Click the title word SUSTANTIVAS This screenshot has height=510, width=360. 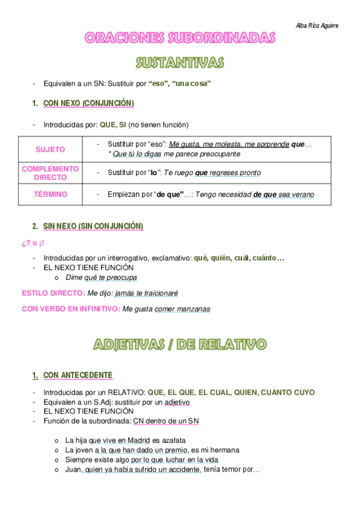pyautogui.click(x=180, y=63)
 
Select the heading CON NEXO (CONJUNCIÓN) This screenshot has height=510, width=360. pyautogui.click(x=88, y=103)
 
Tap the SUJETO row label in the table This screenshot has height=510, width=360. pyautogui.click(x=50, y=149)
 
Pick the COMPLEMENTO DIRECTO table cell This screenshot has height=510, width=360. pyautogui.click(x=50, y=173)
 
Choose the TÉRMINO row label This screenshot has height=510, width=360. pyautogui.click(x=50, y=194)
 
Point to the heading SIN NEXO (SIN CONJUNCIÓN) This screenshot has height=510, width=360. pyautogui.click(x=93, y=226)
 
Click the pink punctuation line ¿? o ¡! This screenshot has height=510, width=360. pyautogui.click(x=32, y=243)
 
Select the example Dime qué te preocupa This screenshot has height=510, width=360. pyautogui.click(x=102, y=277)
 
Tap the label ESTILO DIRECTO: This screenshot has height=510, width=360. pyautogui.click(x=53, y=293)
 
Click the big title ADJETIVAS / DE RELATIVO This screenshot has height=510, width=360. pyautogui.click(x=180, y=345)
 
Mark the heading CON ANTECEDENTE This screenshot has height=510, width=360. pyautogui.click(x=78, y=375)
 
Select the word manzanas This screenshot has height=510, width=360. pyautogui.click(x=194, y=309)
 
